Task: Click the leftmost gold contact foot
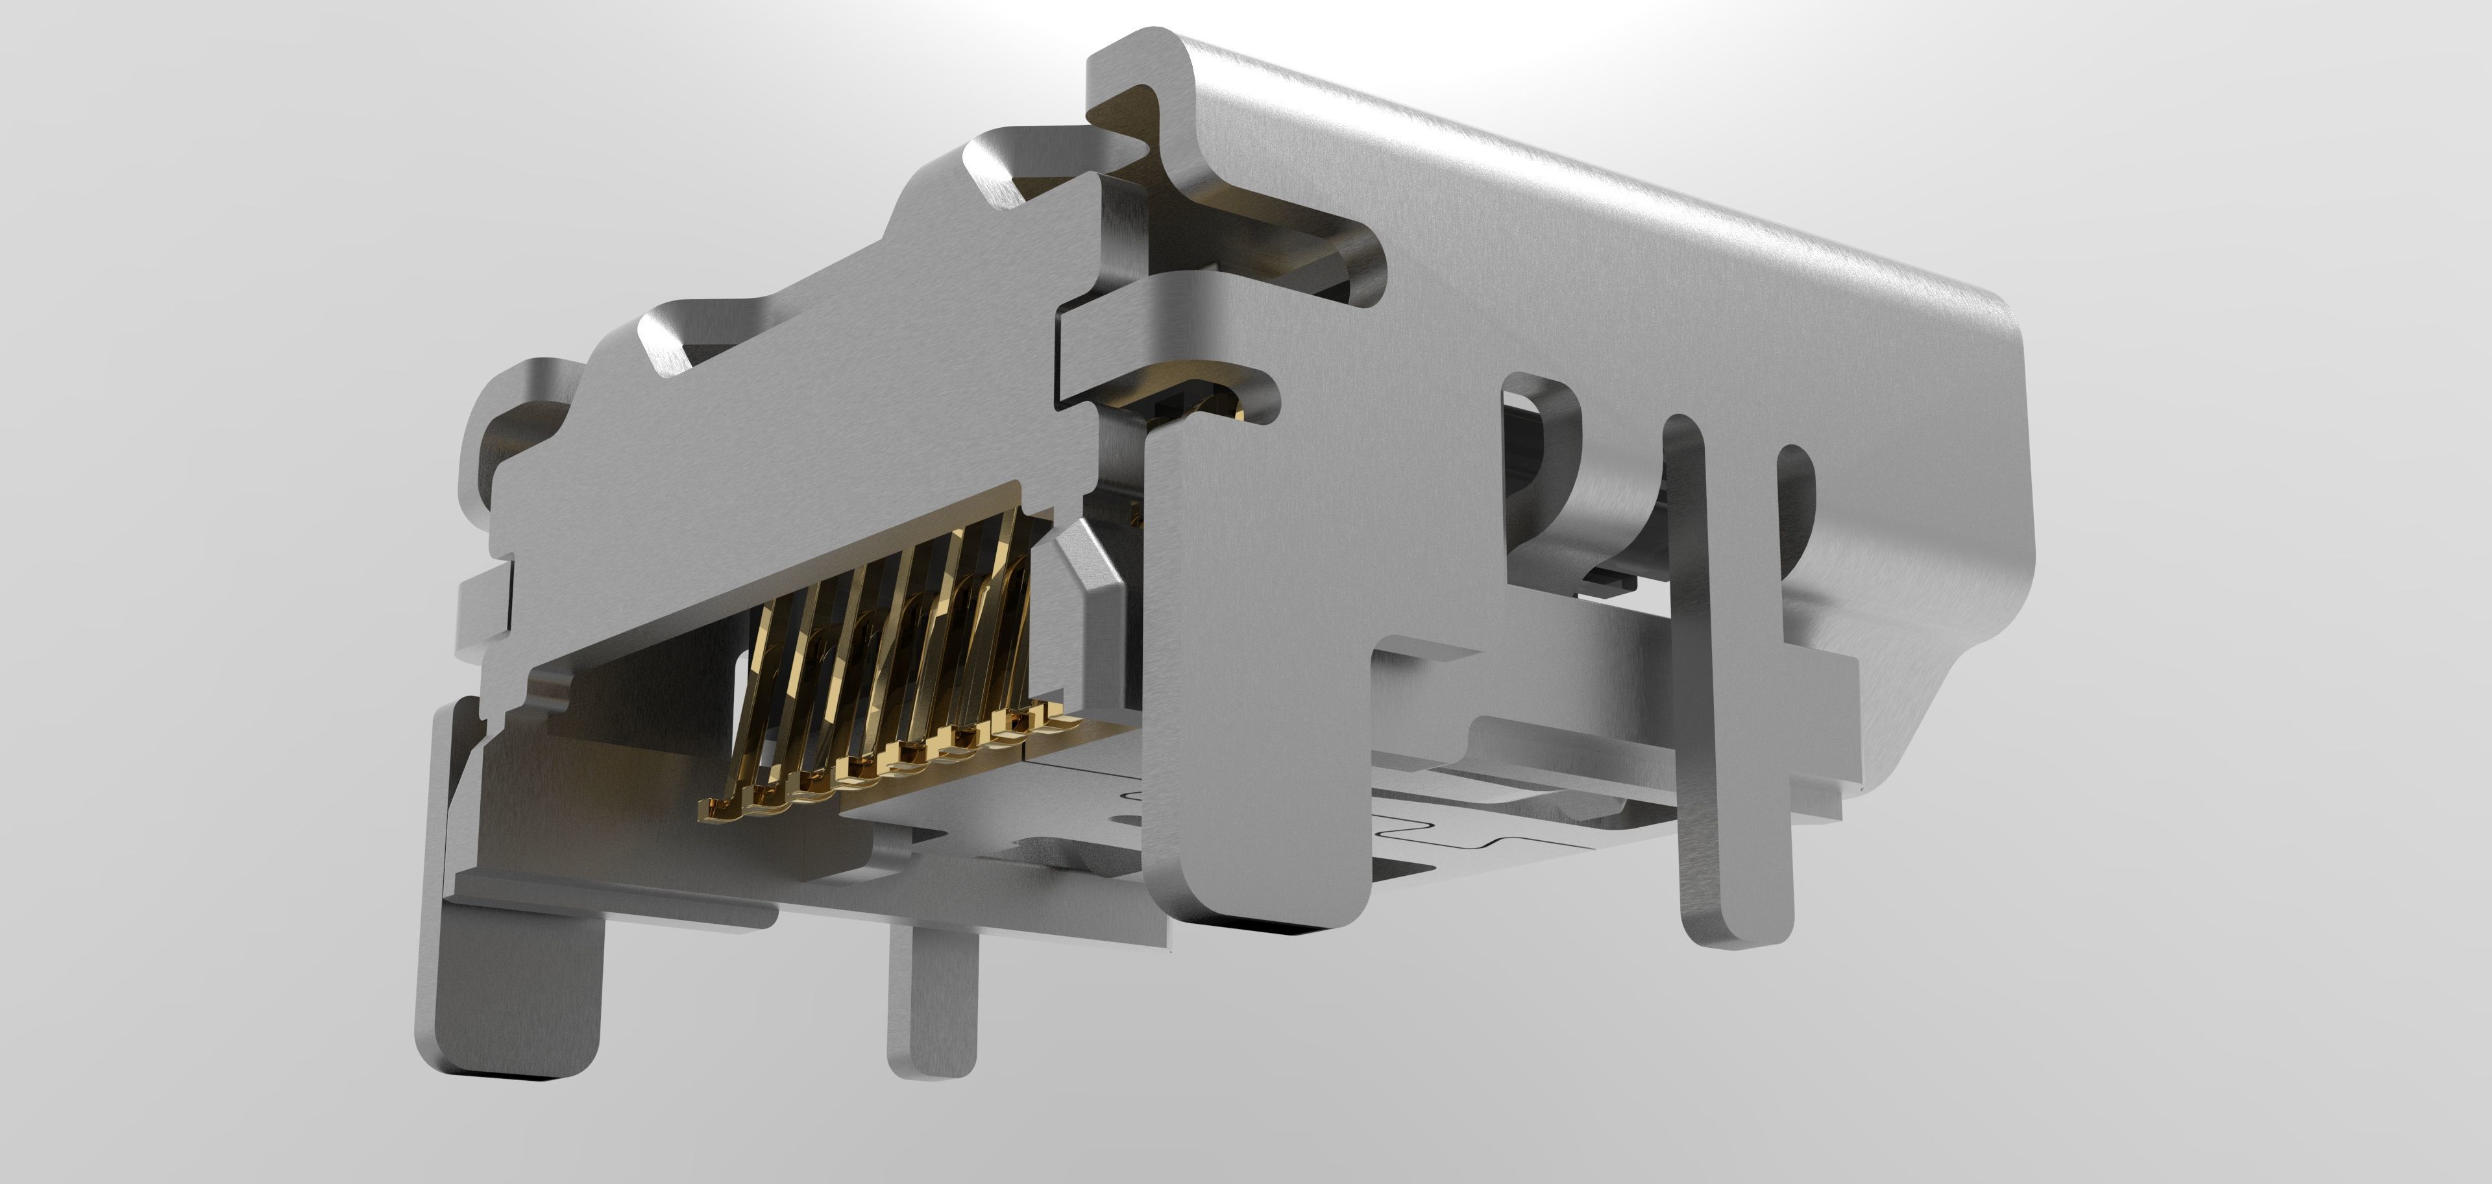[721, 805]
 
